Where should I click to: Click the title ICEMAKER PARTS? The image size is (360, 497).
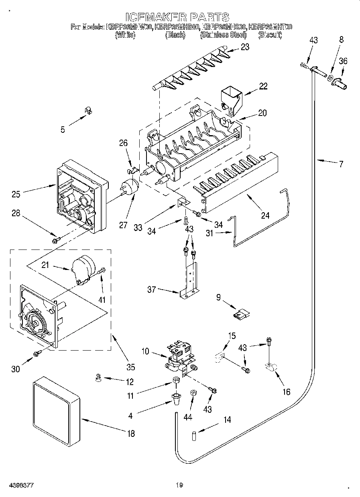point(177,17)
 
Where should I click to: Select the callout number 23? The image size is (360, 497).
point(244,47)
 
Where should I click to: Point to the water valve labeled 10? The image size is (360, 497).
point(180,357)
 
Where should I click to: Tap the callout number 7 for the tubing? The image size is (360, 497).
point(341,163)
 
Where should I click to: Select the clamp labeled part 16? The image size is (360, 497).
point(269,367)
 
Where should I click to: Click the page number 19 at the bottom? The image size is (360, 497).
point(179,485)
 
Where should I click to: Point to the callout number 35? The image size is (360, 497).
point(130,367)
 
